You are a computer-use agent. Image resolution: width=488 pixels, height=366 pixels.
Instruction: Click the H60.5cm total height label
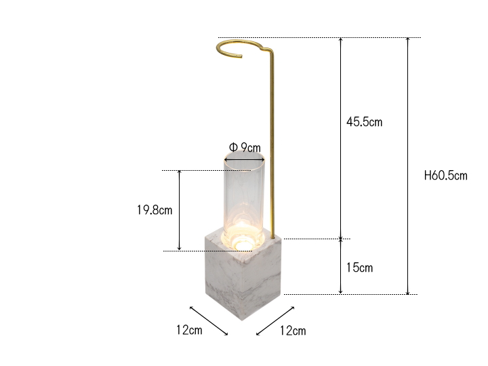pos(446,176)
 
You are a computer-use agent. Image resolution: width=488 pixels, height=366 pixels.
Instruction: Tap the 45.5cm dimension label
pos(364,122)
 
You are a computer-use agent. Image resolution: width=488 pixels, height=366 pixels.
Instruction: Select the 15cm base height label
pos(359,267)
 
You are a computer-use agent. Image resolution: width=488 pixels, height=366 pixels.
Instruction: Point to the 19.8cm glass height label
pos(155,210)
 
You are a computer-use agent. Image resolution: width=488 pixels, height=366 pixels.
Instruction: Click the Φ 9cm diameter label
pos(245,147)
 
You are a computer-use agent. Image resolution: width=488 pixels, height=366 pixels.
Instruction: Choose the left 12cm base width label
pos(189,330)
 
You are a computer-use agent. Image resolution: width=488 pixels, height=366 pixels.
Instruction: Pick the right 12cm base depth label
pos(293,331)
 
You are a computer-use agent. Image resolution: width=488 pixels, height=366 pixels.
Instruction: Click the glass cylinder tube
pos(244,199)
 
